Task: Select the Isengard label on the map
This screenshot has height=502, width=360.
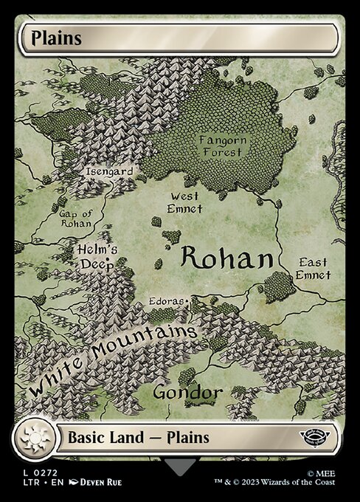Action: click(x=109, y=172)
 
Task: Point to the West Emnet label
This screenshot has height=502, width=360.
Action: click(x=184, y=202)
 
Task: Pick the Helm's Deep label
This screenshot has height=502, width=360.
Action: click(x=97, y=255)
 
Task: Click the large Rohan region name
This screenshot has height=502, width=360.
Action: click(x=226, y=258)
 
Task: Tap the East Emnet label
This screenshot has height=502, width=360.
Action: click(x=313, y=269)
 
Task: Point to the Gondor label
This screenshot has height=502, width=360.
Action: click(x=187, y=392)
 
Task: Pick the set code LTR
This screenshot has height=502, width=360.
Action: click(x=29, y=481)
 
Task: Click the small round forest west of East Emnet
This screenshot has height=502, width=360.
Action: click(x=278, y=285)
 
